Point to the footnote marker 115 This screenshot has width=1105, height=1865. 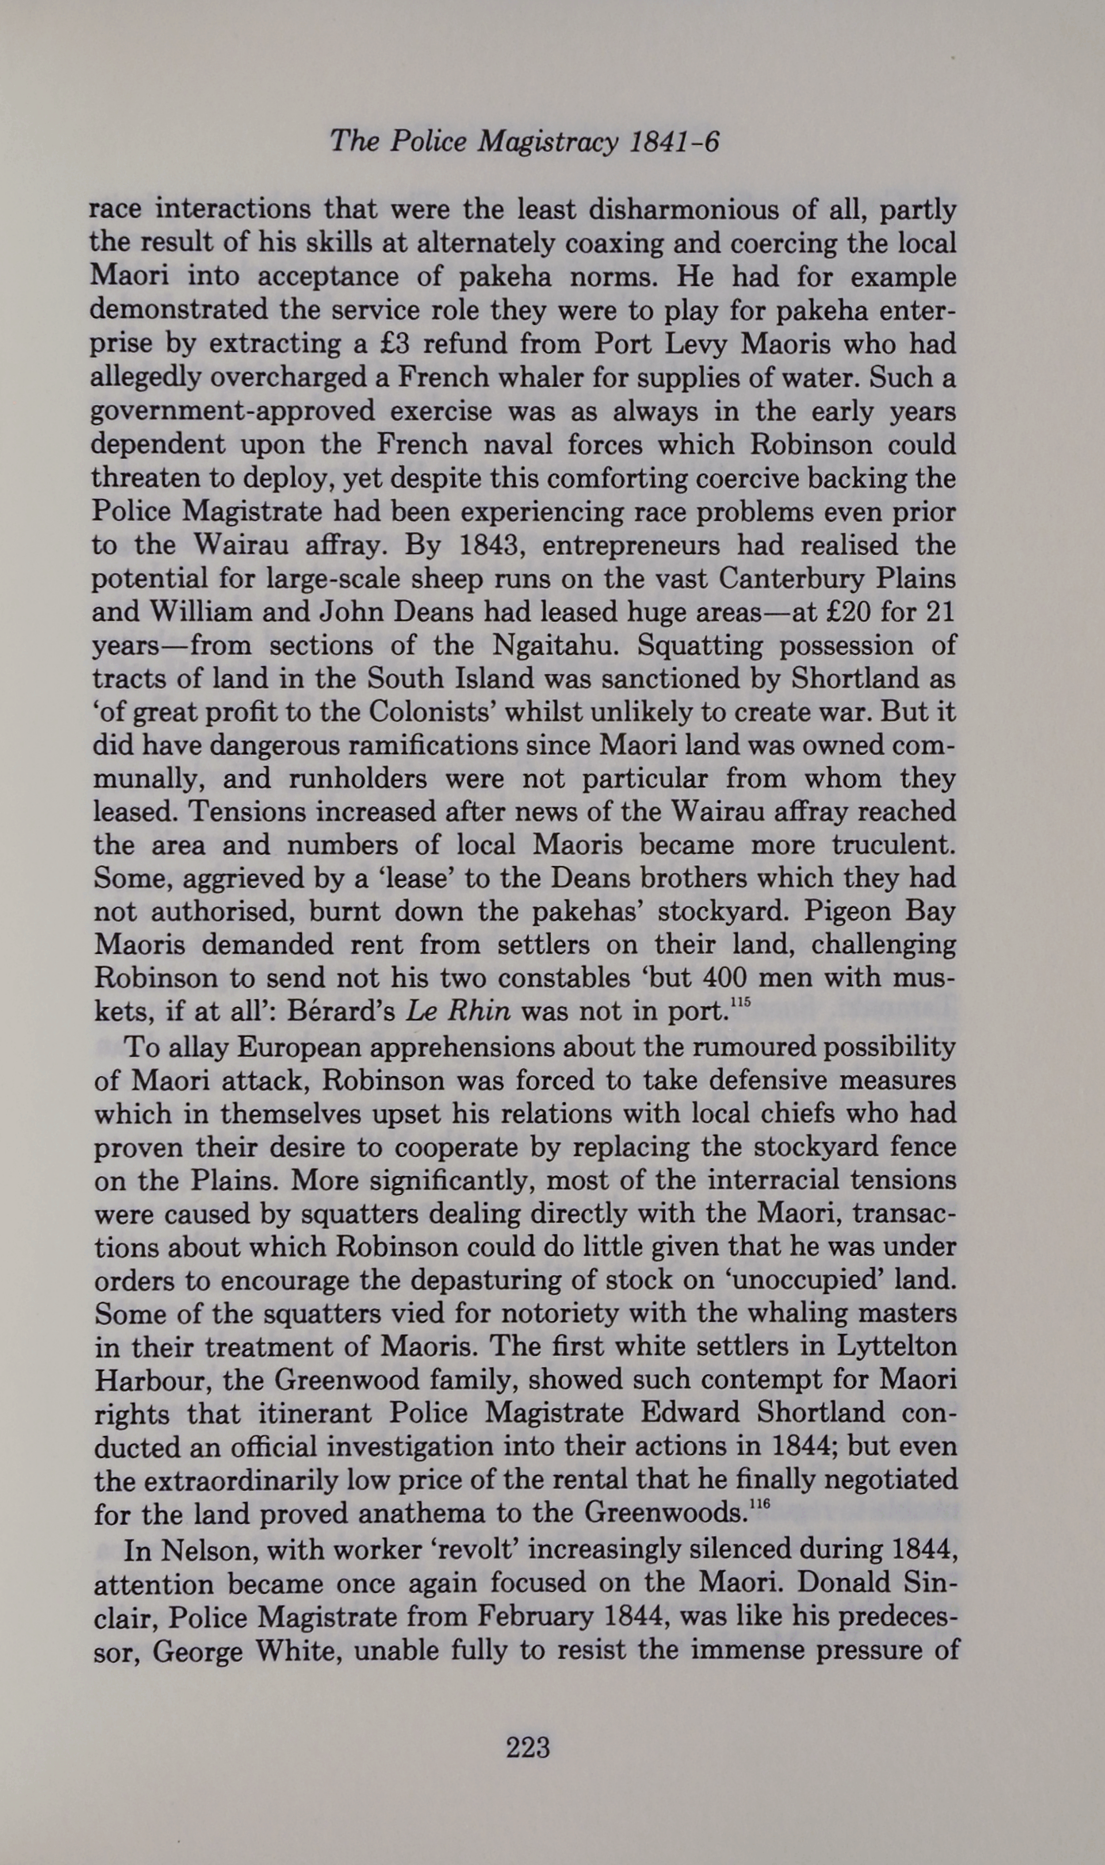740,1003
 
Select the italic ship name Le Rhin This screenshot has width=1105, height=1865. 458,1012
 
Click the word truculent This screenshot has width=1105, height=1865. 893,845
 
